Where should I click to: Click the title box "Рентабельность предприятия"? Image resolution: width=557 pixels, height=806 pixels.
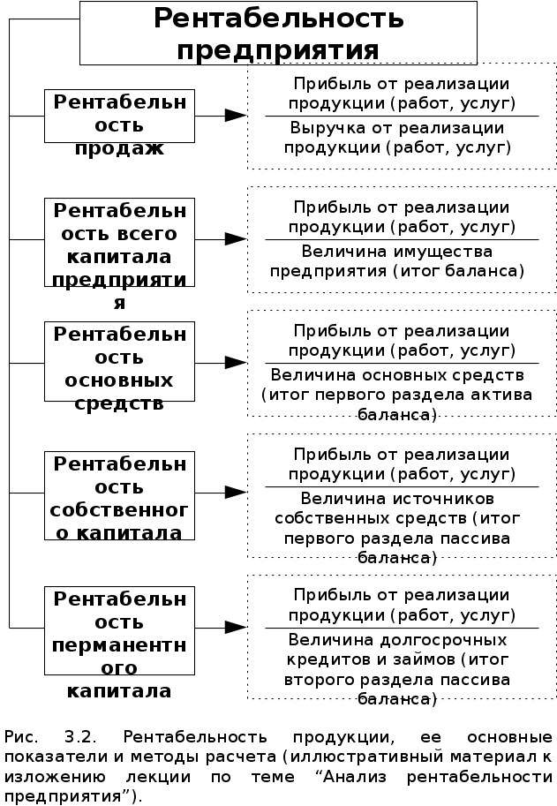(x=278, y=34)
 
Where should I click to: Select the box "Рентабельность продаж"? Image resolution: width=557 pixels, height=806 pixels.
(x=120, y=116)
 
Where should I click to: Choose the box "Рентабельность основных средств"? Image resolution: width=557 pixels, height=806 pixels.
(x=120, y=363)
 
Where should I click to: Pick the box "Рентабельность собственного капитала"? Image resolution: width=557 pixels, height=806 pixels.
(x=120, y=494)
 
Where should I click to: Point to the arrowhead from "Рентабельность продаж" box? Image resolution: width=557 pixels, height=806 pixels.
(x=235, y=116)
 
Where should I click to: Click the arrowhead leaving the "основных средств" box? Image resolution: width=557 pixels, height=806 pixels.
(x=235, y=363)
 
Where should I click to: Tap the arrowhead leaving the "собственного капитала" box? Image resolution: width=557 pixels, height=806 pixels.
(x=235, y=493)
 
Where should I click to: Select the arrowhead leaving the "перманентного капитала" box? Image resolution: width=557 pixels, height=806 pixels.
(x=235, y=628)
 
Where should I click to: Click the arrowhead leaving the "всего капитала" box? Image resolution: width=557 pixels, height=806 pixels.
(x=235, y=239)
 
